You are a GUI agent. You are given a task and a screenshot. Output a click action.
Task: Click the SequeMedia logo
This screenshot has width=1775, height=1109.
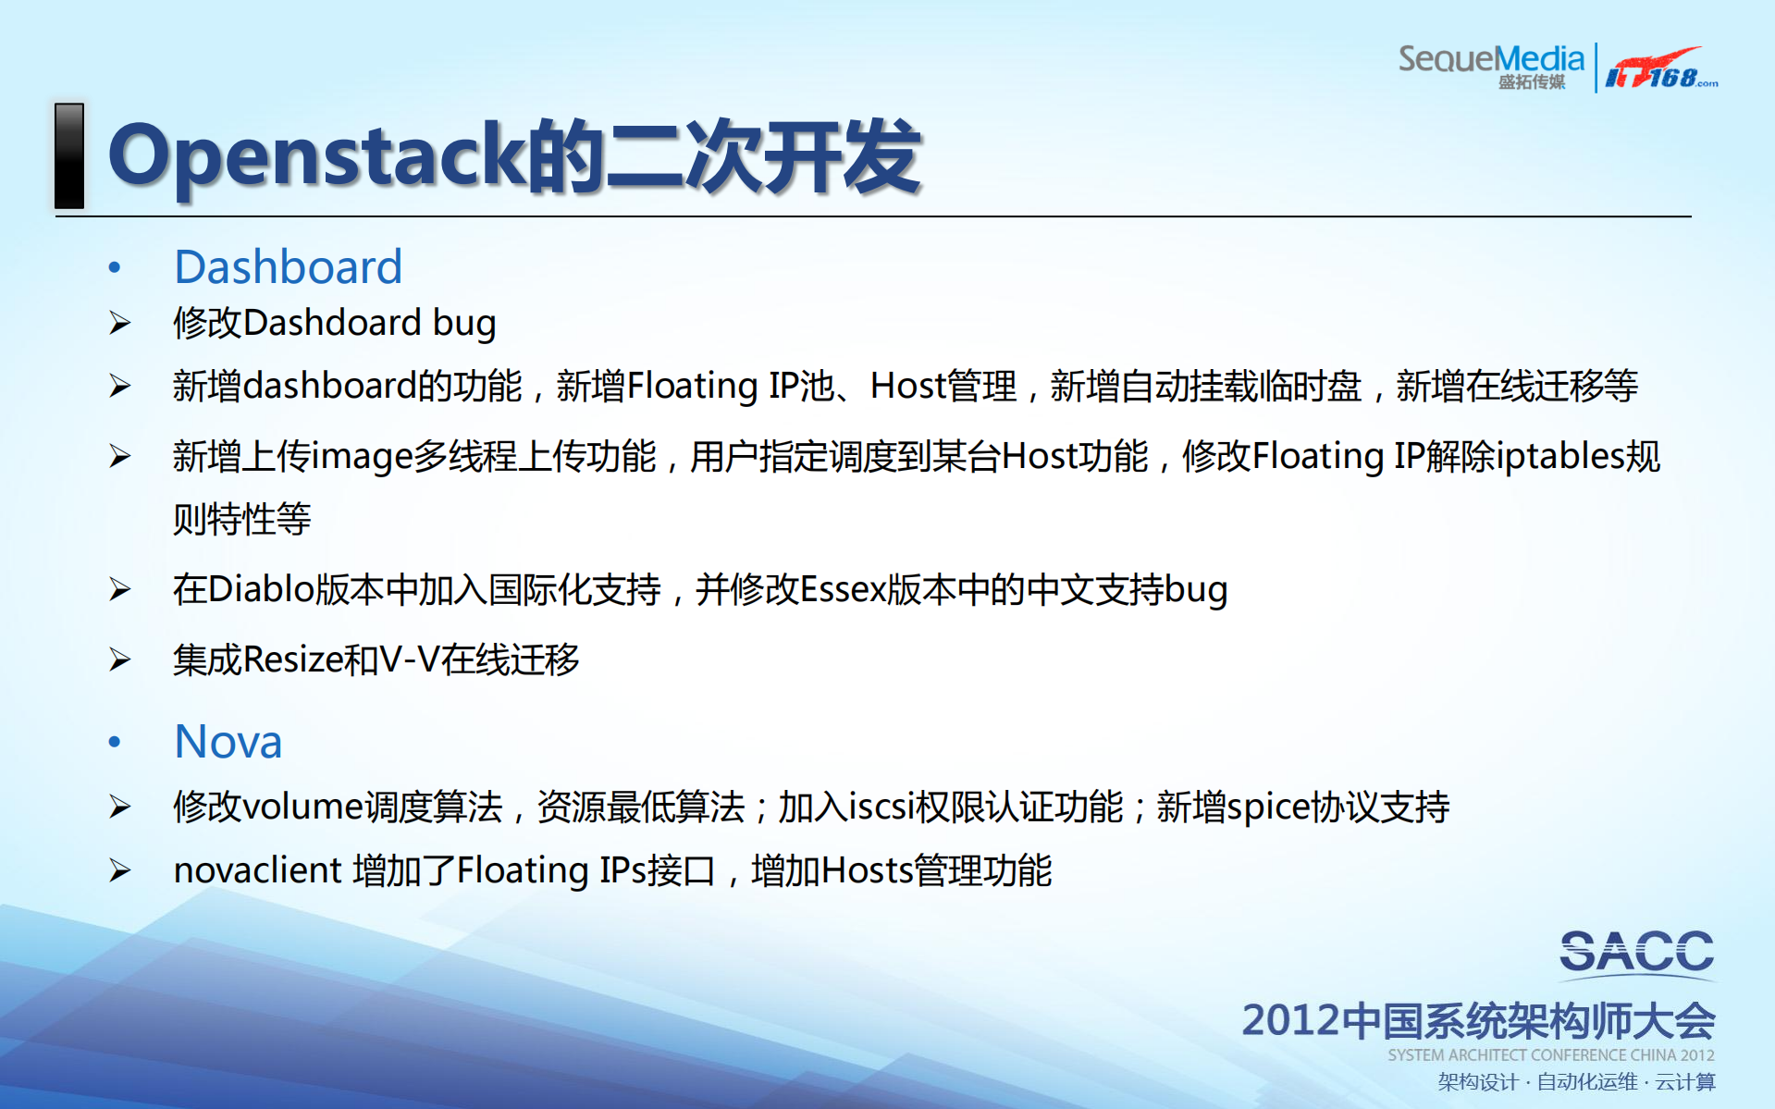(1491, 65)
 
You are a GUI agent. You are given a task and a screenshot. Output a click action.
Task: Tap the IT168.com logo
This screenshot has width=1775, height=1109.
(1660, 68)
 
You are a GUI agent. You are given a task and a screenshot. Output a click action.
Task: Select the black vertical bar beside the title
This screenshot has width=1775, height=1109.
(69, 155)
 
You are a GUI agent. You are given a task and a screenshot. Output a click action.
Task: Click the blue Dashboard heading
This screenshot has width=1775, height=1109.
(288, 267)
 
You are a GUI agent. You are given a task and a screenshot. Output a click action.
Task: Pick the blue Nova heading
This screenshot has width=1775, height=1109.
(228, 742)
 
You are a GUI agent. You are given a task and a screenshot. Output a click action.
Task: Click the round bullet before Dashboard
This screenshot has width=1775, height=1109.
(115, 268)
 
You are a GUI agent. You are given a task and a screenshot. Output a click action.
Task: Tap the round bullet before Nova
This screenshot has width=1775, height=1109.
(115, 742)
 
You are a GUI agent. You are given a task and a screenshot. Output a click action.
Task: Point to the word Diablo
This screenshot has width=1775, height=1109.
(261, 589)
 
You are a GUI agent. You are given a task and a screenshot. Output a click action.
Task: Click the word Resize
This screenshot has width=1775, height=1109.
(292, 659)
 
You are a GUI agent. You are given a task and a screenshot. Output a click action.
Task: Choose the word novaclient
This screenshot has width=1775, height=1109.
(258, 870)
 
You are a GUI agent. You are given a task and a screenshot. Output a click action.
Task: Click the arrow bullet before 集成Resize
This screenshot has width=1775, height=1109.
(120, 659)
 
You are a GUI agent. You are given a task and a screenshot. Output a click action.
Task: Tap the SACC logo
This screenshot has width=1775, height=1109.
(1636, 953)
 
